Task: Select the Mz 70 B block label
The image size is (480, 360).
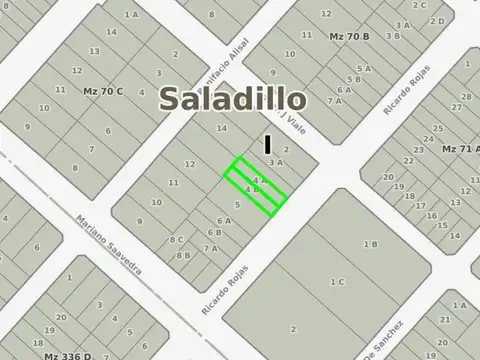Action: click(x=349, y=36)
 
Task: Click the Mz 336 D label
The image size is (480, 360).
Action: click(x=67, y=354)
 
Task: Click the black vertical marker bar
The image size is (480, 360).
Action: click(x=267, y=144)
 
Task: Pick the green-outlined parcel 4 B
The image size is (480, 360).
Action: click(x=252, y=189)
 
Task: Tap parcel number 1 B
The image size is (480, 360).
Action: click(x=369, y=243)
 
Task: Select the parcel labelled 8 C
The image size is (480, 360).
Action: click(x=177, y=239)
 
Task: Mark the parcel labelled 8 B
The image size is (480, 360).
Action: click(x=183, y=254)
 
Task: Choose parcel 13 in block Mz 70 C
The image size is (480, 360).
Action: click(x=93, y=50)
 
